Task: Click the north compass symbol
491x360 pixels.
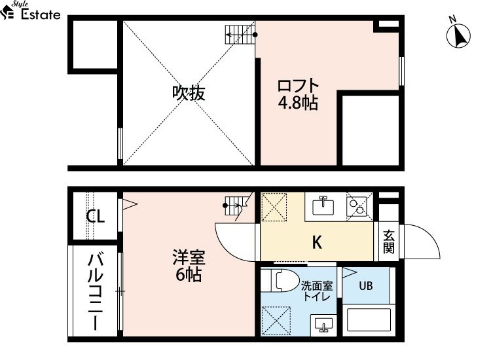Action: (458, 35)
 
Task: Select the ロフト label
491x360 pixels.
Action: (298, 86)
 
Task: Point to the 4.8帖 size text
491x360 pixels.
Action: (298, 103)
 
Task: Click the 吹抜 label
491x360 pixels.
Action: (189, 93)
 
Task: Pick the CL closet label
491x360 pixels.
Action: (95, 216)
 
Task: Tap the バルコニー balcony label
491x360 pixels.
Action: (95, 292)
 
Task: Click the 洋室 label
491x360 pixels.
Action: (189, 257)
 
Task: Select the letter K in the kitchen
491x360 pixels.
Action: (317, 242)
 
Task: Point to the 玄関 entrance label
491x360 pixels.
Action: (389, 242)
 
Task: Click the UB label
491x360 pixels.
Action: (366, 285)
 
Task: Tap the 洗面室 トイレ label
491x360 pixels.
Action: (317, 291)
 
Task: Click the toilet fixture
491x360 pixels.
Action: (280, 280)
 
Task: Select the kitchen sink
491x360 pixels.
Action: (323, 206)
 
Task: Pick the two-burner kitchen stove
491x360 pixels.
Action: (357, 207)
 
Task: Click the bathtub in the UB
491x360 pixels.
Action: (369, 319)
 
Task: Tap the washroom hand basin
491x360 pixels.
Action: (323, 324)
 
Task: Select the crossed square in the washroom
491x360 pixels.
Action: (276, 321)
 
